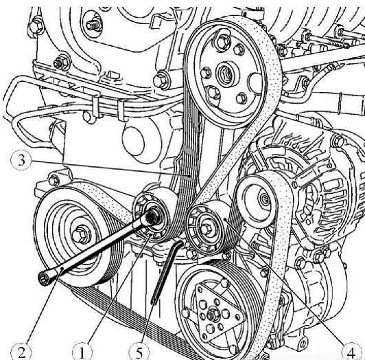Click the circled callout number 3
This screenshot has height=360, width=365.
click(x=21, y=160)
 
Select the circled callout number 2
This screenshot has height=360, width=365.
click(x=21, y=352)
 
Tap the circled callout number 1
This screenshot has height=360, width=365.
click(x=82, y=352)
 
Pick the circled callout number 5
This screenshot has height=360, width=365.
click(x=139, y=352)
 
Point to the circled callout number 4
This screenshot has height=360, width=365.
click(x=351, y=352)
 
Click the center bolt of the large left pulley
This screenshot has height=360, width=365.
click(x=80, y=234)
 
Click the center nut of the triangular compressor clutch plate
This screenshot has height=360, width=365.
click(x=213, y=315)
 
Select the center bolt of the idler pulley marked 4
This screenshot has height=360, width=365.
click(x=206, y=229)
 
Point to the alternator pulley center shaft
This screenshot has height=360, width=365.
click(x=264, y=199)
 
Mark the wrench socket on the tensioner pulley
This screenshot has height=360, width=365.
click(x=152, y=218)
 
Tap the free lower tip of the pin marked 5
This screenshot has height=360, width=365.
click(x=154, y=302)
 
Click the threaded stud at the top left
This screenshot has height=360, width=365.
click(x=94, y=25)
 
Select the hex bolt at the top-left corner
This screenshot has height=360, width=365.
click(x=36, y=26)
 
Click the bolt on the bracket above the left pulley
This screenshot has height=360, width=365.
click(x=54, y=180)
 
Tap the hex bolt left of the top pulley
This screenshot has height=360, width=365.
click(x=161, y=81)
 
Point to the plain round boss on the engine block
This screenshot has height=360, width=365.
click(x=133, y=141)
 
